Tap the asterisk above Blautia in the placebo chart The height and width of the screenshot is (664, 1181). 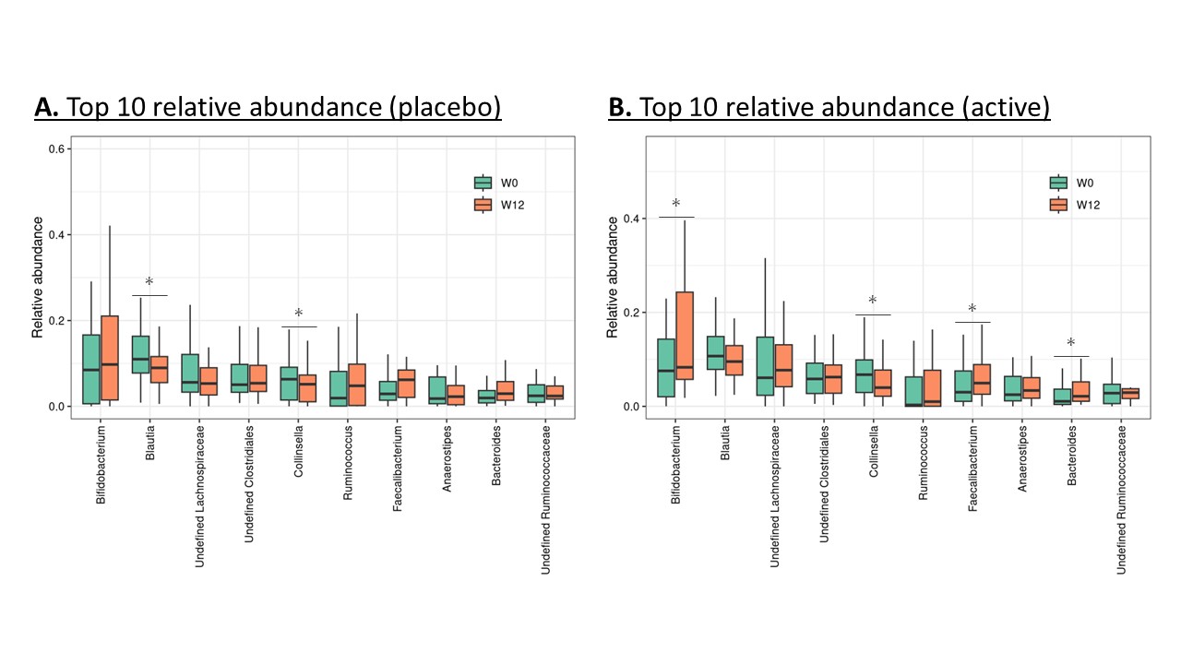point(149,282)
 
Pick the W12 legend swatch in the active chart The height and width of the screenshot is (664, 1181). point(1057,205)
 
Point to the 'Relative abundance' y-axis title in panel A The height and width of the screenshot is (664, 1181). point(39,277)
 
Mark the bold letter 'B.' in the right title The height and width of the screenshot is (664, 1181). point(619,109)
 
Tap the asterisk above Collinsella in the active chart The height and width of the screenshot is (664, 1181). point(873,302)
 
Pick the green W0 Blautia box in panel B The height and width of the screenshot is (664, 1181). point(715,352)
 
